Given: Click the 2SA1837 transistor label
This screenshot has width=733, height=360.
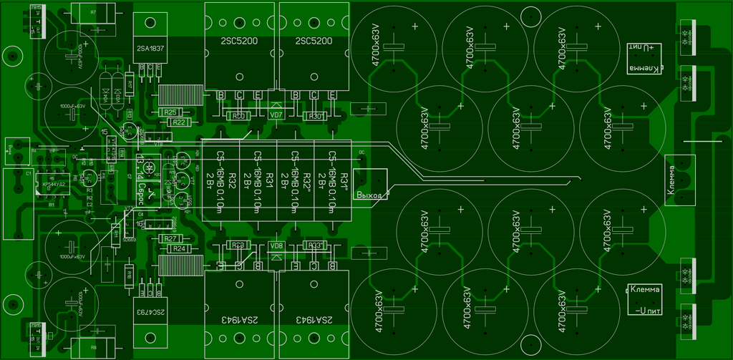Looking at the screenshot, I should point(148,49).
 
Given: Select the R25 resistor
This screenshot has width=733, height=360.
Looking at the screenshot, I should point(170,112).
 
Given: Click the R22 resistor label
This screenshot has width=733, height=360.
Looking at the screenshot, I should point(180,122).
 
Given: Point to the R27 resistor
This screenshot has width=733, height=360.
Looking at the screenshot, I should point(170,238).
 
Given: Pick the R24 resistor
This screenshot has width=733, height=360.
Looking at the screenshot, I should point(179,248).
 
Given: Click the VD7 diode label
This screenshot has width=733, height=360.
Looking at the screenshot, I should point(276,115).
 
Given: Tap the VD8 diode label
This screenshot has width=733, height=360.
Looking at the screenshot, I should point(276,245).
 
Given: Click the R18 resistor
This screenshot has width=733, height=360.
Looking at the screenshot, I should point(129,274).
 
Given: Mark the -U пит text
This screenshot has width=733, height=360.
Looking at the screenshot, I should point(645,311).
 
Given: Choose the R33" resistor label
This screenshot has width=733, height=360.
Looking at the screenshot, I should point(314,245).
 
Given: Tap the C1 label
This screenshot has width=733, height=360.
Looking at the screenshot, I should point(29,173).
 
